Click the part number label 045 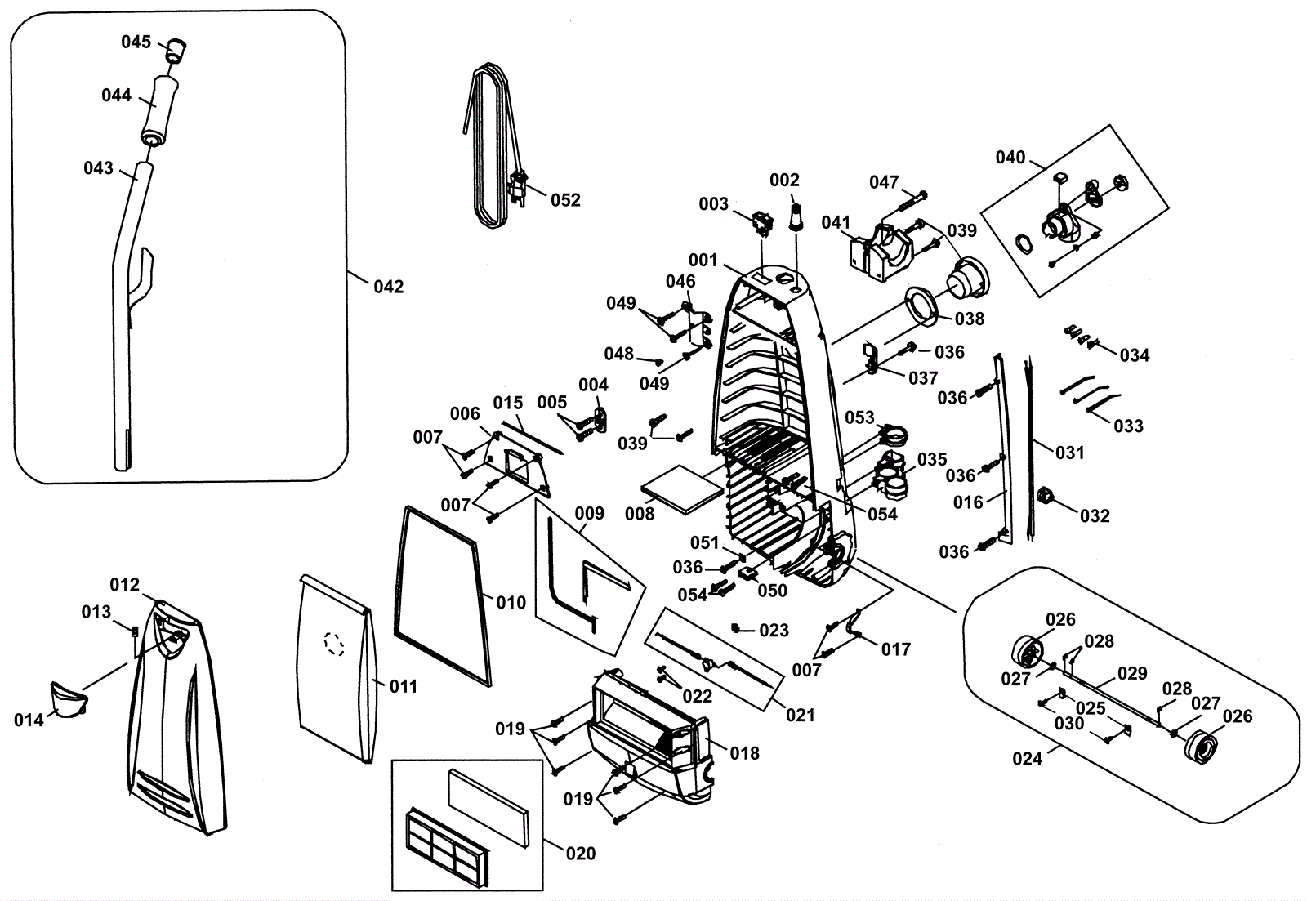[136, 42]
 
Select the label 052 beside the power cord [565, 200]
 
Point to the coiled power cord [488, 147]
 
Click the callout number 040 [1010, 157]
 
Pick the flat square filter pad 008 [682, 488]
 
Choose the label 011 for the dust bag [404, 686]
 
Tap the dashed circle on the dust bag [334, 645]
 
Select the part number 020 [581, 854]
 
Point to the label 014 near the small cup [29, 720]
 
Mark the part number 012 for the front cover [125, 585]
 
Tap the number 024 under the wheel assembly [1027, 759]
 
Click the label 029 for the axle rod [1132, 673]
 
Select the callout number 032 [1095, 515]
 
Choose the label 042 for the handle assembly [389, 287]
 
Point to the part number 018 [744, 753]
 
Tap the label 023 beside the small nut [774, 630]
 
